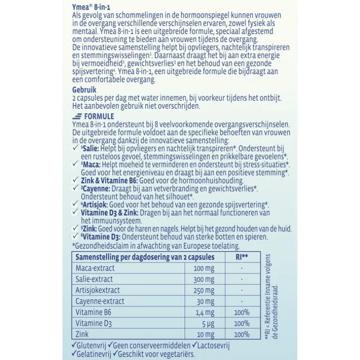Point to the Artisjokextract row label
coord(97,290)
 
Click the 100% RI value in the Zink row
coord(242,334)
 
